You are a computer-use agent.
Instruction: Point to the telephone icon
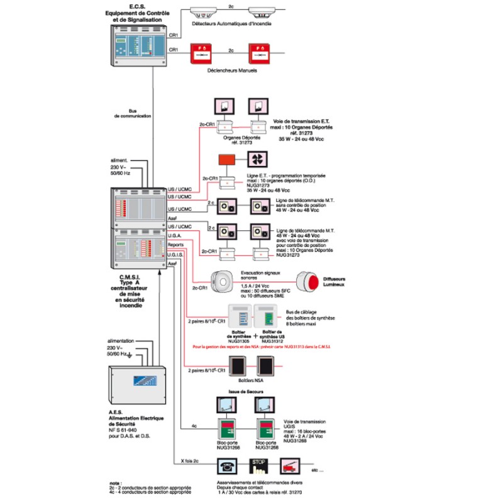click(x=228, y=466)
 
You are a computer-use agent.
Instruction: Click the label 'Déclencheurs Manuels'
click(x=232, y=70)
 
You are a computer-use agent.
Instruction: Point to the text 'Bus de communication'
click(x=133, y=113)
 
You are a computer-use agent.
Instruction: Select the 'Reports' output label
click(x=176, y=244)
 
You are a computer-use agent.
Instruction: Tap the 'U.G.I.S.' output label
click(x=177, y=255)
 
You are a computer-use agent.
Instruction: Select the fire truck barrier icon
click(x=290, y=466)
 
